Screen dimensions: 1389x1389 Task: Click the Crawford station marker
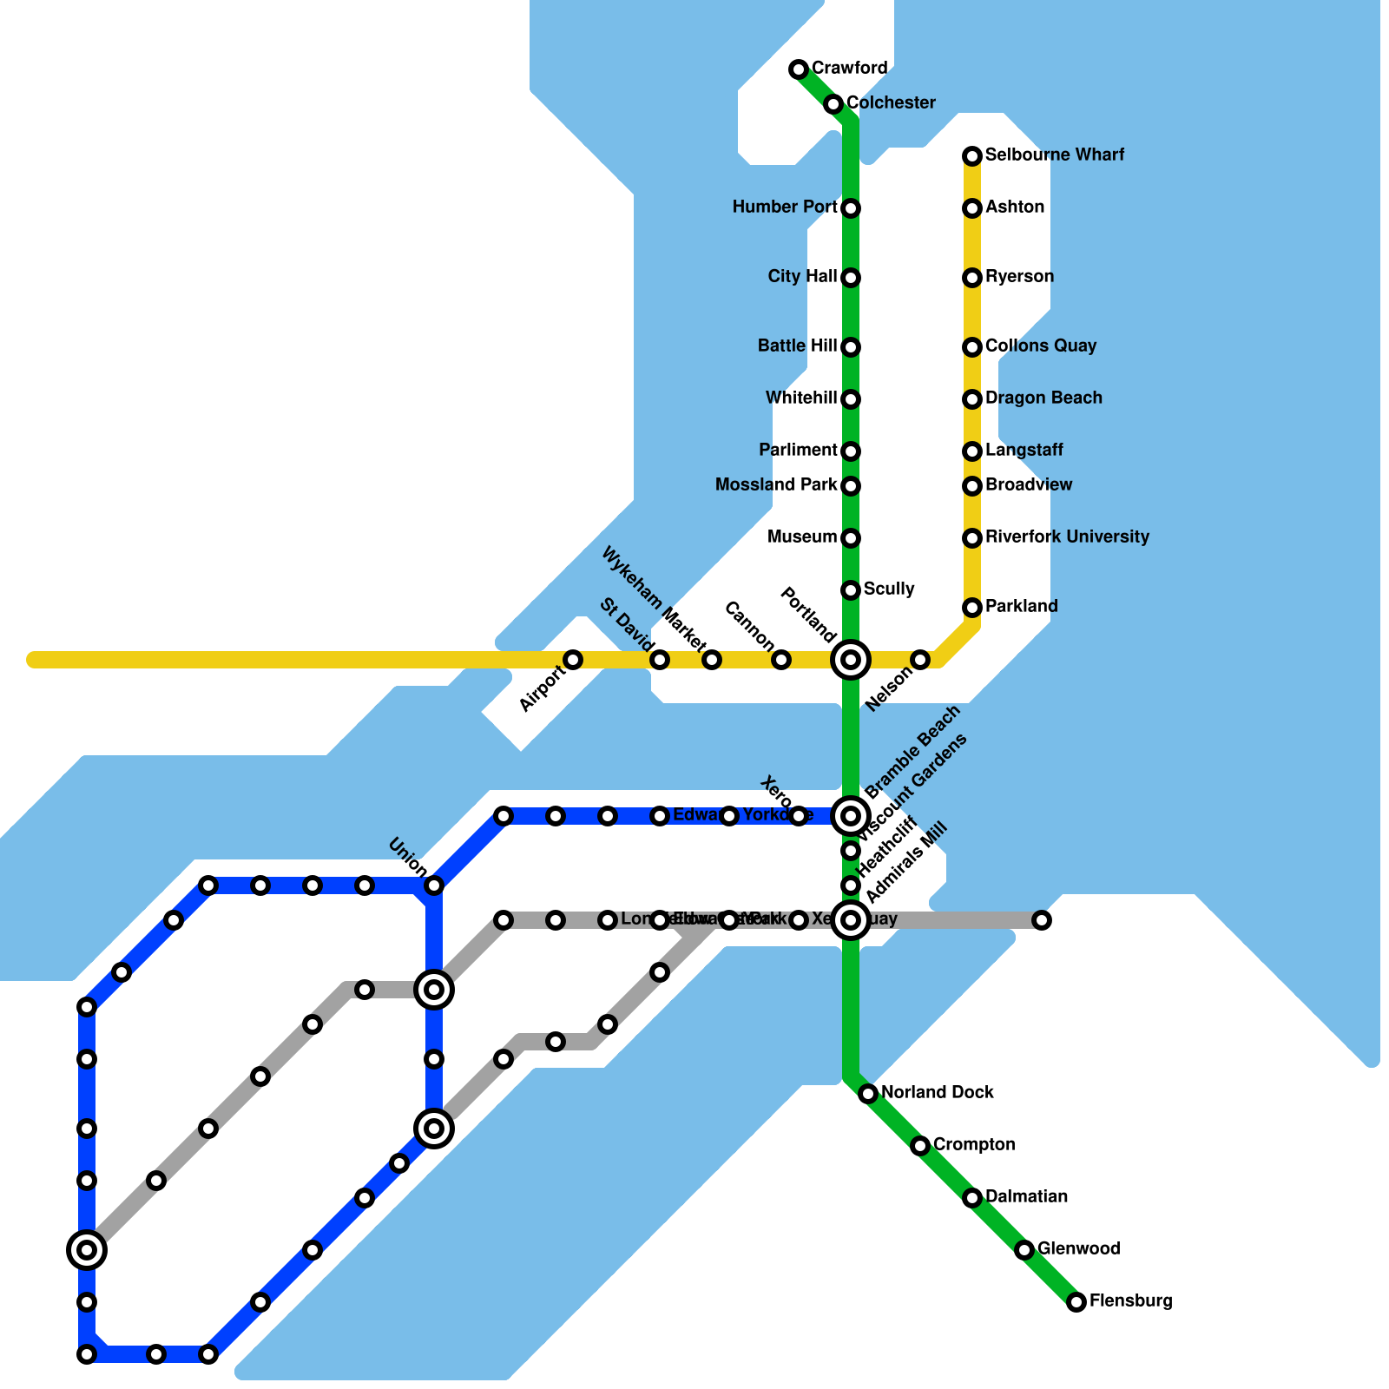coord(799,69)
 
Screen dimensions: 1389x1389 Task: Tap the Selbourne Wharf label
coord(1054,155)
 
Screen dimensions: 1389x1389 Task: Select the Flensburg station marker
coord(1076,1302)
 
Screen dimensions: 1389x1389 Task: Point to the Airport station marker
coord(573,660)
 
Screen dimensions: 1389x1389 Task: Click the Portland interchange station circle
coord(851,660)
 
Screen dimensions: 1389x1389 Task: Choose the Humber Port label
coord(785,207)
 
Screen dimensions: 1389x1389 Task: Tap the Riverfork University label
coord(1067,537)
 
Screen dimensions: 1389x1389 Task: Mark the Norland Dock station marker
coord(868,1094)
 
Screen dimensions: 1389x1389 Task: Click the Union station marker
coord(434,885)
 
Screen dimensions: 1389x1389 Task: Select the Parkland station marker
coord(972,608)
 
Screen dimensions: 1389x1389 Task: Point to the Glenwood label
coord(1078,1249)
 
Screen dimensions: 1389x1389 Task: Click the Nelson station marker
coord(920,660)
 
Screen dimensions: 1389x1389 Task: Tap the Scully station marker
coord(851,590)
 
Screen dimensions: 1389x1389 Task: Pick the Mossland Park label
coord(776,485)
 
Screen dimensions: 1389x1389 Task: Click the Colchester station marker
coord(833,104)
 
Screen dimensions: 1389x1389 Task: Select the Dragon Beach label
coord(1043,398)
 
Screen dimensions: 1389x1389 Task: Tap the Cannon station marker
coord(781,660)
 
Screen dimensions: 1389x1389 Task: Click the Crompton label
coord(974,1145)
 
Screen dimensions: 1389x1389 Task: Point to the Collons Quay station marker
coord(972,347)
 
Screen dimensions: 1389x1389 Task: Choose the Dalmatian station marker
coord(972,1198)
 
